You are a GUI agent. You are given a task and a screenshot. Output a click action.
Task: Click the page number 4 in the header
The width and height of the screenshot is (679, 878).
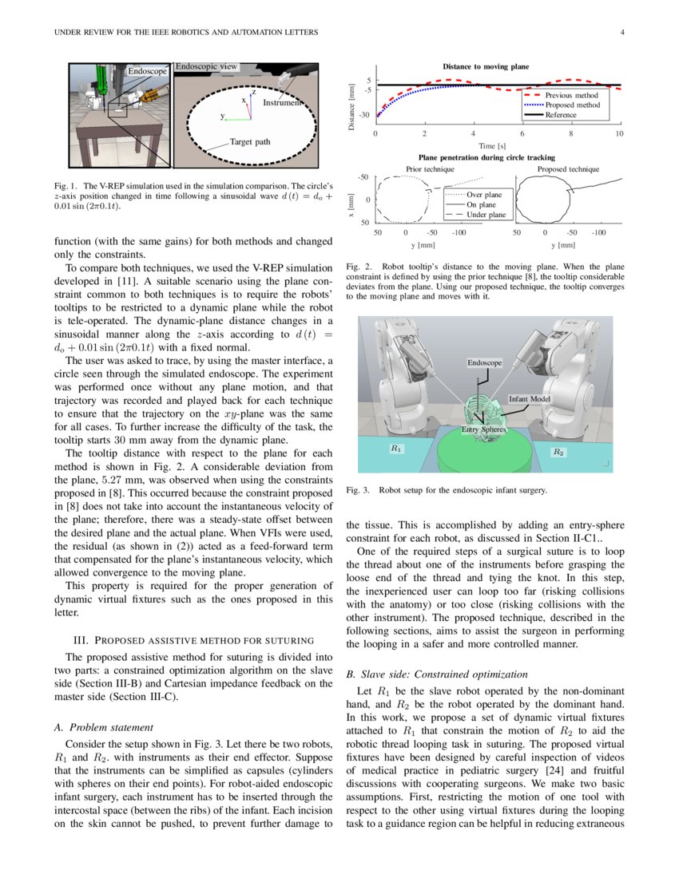point(621,33)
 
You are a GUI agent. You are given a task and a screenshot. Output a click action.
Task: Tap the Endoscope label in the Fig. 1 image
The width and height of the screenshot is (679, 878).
point(148,72)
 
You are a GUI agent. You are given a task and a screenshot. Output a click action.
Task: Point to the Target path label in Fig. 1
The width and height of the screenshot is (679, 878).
point(252,142)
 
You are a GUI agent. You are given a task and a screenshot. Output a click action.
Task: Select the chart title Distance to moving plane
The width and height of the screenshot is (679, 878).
point(486,66)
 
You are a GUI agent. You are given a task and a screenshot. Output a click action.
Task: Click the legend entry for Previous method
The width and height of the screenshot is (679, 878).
point(571,95)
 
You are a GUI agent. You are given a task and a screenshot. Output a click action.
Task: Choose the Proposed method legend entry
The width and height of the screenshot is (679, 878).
point(571,105)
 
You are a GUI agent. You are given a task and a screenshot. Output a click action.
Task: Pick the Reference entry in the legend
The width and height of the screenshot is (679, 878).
point(561,115)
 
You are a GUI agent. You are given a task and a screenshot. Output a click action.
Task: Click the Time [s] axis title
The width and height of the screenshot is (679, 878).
point(491,146)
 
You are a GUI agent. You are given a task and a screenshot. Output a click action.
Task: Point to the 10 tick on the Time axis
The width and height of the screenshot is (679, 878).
point(619,134)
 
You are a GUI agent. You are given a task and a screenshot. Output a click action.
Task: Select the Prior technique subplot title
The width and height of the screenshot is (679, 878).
point(430,169)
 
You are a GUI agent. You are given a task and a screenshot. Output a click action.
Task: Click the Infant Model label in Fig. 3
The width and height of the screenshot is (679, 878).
point(530,398)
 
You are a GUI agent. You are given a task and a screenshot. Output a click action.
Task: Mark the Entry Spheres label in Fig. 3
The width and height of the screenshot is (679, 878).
point(484,430)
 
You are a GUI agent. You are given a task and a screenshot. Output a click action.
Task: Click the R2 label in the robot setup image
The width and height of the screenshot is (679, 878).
point(558,452)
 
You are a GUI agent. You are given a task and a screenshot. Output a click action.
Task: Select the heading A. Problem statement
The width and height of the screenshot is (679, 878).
point(103,727)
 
